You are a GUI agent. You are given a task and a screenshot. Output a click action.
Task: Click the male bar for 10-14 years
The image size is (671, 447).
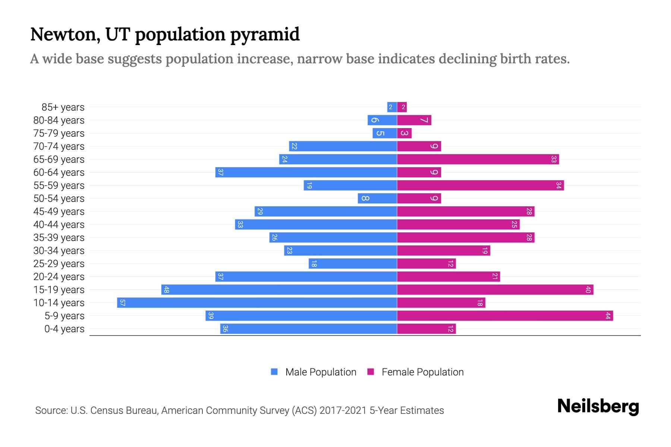click(257, 302)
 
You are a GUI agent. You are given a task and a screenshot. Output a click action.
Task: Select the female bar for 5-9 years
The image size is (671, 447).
click(505, 316)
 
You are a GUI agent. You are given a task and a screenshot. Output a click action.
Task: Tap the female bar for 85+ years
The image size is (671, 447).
click(402, 107)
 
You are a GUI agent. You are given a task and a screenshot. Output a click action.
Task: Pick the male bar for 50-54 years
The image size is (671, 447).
click(377, 198)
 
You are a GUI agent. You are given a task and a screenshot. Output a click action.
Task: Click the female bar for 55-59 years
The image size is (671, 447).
click(480, 185)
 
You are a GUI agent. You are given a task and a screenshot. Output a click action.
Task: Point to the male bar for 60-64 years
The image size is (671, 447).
click(306, 172)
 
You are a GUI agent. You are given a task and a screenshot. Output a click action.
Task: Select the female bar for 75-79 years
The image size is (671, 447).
click(404, 133)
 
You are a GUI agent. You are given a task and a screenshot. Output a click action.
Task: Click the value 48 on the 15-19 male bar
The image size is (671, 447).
click(166, 290)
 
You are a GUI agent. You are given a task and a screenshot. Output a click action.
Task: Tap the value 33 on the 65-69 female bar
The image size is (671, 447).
click(554, 159)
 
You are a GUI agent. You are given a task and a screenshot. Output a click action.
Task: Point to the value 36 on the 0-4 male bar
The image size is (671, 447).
click(225, 329)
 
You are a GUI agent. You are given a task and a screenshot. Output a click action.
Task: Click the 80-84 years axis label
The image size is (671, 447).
click(59, 120)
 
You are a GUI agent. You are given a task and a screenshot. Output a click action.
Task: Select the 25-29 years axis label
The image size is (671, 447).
click(59, 264)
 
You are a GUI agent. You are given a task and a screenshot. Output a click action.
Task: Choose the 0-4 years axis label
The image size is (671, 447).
click(64, 329)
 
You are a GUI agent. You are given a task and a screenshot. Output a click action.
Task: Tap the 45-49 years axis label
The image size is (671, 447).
click(59, 212)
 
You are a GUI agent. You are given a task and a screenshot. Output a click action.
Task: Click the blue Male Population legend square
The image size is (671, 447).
click(274, 372)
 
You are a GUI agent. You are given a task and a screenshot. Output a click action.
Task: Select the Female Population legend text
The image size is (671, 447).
click(422, 372)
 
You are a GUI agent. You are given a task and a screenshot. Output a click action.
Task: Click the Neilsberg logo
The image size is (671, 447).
click(598, 406)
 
